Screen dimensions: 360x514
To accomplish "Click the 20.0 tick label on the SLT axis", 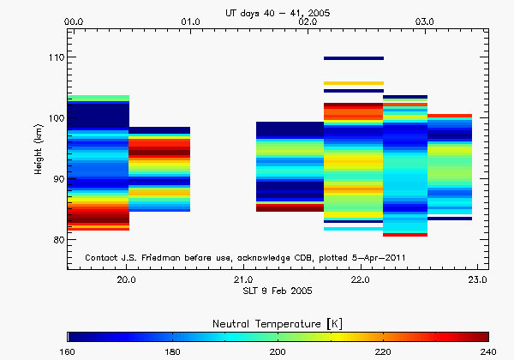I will [127, 279].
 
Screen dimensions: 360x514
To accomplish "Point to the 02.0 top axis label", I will [308, 21].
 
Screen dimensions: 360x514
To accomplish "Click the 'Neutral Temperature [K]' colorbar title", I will [277, 322].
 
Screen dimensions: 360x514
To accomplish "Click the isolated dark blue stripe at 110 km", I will [353, 58].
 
